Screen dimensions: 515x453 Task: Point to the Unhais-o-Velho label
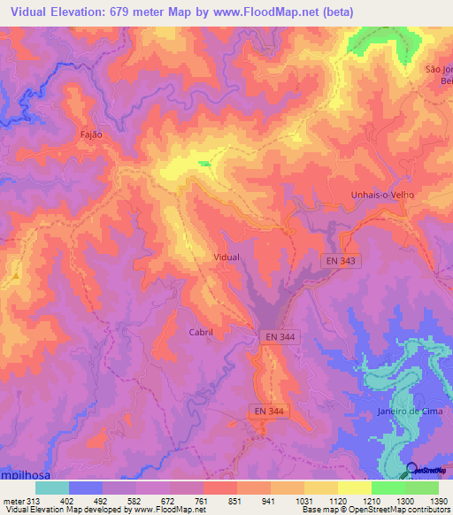pyautogui.click(x=383, y=195)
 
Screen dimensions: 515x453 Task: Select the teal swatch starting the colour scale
pyautogui.click(x=52, y=488)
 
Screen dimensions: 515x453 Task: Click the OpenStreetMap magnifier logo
pyautogui.click(x=411, y=469)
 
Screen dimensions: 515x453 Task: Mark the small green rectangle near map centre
pyautogui.click(x=204, y=163)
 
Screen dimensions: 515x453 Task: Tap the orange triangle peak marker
pyautogui.click(x=15, y=277)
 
